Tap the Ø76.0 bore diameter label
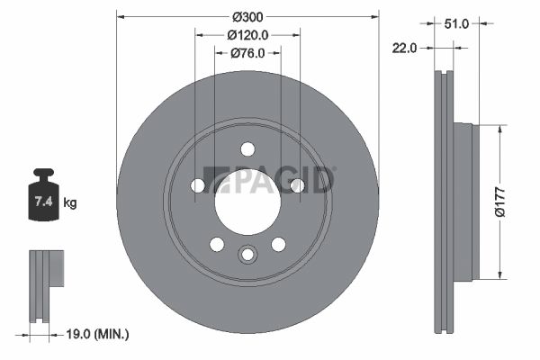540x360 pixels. click(247, 53)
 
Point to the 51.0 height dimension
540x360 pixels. click(457, 23)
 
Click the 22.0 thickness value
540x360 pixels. click(403, 49)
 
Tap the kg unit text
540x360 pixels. click(70, 203)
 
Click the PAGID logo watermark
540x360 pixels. click(270, 179)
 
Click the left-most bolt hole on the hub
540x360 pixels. click(198, 185)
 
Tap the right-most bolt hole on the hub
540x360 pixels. click(297, 185)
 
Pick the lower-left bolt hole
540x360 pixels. click(217, 244)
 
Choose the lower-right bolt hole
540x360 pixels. click(278, 244)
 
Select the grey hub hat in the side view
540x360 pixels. click(462, 202)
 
